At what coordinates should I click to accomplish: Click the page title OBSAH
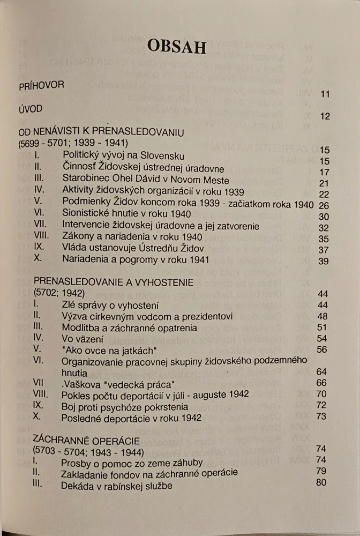coord(176,46)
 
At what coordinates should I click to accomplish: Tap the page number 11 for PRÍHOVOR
coord(325,94)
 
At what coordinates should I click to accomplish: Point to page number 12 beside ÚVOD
coord(325,116)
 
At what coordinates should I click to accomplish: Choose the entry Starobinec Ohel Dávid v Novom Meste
coord(145,180)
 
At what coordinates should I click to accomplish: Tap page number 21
coord(324,183)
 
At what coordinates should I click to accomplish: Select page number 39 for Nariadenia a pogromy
coord(324,260)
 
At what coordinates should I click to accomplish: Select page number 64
coord(321,371)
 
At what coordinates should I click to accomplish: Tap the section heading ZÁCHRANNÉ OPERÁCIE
coord(86,441)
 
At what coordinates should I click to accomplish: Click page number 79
coord(321,471)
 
